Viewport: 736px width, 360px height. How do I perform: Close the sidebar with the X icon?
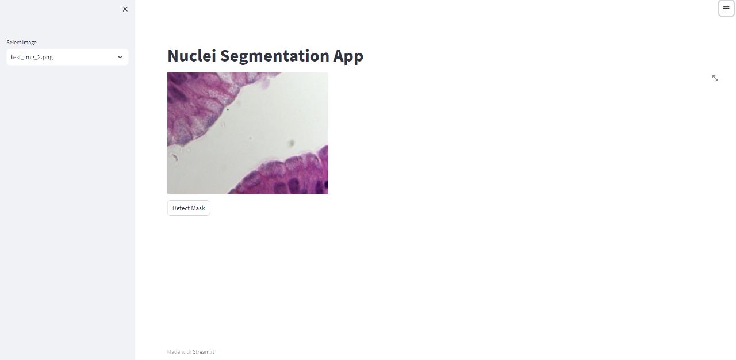pyautogui.click(x=125, y=9)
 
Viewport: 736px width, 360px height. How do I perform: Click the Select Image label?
pyautogui.click(x=22, y=43)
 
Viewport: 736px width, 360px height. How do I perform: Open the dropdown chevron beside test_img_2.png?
pyautogui.click(x=120, y=57)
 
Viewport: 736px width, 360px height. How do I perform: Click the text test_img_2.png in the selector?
pyautogui.click(x=32, y=57)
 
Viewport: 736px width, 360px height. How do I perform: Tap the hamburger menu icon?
pyautogui.click(x=726, y=9)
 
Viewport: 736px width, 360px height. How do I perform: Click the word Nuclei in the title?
pyautogui.click(x=191, y=56)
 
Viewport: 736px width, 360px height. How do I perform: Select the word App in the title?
pyautogui.click(x=348, y=56)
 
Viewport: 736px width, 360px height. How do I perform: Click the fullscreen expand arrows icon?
pyautogui.click(x=715, y=78)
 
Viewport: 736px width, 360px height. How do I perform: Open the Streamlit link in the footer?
pyautogui.click(x=204, y=351)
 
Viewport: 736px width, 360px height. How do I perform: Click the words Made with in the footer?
pyautogui.click(x=179, y=351)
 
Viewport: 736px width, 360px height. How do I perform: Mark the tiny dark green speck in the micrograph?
pyautogui.click(x=227, y=109)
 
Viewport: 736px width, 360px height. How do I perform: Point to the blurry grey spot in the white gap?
pyautogui.click(x=292, y=143)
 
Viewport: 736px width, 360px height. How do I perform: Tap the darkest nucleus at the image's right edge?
pyautogui.click(x=325, y=185)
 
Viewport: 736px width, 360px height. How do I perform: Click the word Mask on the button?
pyautogui.click(x=198, y=208)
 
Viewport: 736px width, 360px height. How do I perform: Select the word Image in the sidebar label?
pyautogui.click(x=29, y=43)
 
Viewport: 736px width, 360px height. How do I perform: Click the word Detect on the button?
pyautogui.click(x=180, y=208)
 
